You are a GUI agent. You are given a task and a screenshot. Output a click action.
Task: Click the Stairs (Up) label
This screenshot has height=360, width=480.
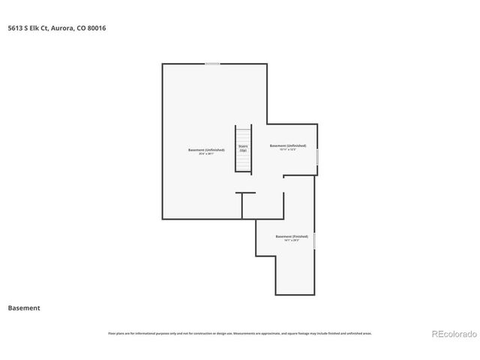click(243, 148)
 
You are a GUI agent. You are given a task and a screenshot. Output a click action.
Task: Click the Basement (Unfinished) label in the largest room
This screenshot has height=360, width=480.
click(206, 150)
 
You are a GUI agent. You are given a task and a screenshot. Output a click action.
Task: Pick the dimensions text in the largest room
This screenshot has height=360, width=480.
click(206, 154)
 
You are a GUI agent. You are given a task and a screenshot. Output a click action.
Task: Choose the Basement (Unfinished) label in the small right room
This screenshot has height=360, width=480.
click(288, 145)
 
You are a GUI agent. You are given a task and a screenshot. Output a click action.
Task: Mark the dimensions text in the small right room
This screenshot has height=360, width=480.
click(288, 150)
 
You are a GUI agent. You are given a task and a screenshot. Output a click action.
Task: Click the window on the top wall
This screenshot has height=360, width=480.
click(212, 64)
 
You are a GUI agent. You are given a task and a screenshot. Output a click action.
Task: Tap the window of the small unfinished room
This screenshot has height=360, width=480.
click(317, 157)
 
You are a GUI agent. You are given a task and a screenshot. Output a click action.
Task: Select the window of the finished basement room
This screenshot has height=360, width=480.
click(314, 241)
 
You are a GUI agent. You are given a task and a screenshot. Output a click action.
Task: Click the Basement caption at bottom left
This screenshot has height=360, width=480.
click(24, 307)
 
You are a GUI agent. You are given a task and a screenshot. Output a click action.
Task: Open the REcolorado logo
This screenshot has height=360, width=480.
click(454, 333)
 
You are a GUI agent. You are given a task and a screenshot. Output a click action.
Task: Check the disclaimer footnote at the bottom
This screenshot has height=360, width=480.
click(240, 333)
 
